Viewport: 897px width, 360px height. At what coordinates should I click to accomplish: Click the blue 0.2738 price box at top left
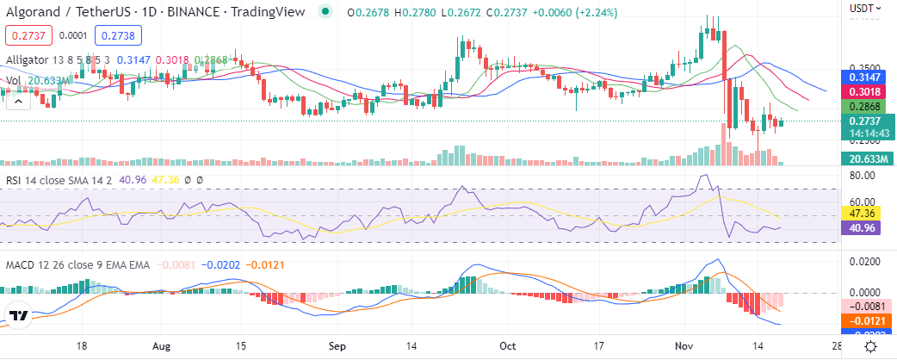coord(118,35)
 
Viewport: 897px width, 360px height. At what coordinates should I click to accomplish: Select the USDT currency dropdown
coord(864,8)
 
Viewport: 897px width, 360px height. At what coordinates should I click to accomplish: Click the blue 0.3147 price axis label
coord(865,77)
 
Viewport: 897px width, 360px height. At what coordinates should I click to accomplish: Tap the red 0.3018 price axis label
coord(865,91)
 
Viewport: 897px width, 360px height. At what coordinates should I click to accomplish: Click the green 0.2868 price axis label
coord(865,107)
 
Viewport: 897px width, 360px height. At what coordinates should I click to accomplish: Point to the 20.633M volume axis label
coord(865,158)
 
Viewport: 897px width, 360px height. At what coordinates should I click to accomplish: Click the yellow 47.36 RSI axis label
coord(865,214)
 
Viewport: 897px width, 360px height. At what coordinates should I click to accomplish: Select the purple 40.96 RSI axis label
coord(865,229)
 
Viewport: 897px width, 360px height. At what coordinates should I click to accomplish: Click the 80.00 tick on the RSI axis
coord(863,176)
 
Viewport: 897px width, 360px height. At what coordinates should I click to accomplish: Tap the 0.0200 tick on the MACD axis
coord(863,261)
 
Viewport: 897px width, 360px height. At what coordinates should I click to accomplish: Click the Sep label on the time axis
coord(337,345)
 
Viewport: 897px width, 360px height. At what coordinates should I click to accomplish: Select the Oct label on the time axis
coord(508,345)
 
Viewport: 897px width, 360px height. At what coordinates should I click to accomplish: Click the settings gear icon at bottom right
coord(871,345)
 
